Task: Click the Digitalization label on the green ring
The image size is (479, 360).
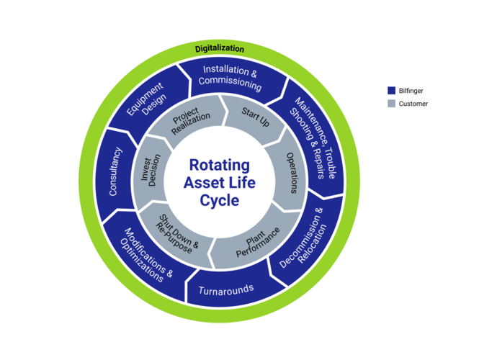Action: coord(220,48)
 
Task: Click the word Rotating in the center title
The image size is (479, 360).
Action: coord(220,165)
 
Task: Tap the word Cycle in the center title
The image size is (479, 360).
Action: coord(220,201)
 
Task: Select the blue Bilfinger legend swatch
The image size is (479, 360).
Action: coord(391,91)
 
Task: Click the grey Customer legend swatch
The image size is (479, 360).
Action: coord(391,103)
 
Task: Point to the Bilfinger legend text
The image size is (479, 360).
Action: coord(411,91)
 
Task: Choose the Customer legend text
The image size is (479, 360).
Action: coord(413,104)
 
